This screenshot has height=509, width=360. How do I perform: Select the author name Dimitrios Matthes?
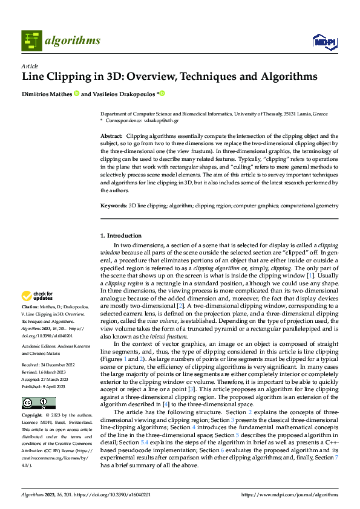click(46, 94)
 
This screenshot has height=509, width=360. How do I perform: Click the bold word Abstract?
click(111, 137)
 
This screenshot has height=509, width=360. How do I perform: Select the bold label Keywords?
click(113, 206)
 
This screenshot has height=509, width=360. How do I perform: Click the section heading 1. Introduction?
click(120, 235)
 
